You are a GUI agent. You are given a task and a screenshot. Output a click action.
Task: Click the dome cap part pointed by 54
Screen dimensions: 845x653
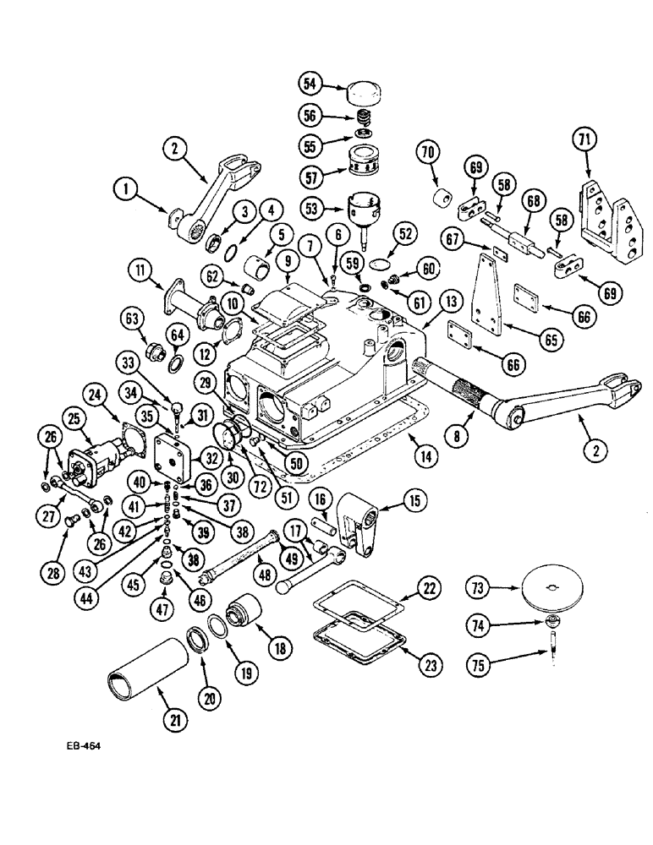coord(358,92)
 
